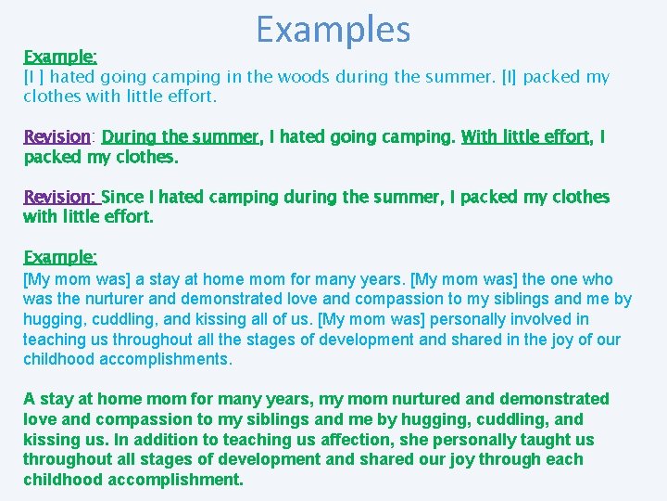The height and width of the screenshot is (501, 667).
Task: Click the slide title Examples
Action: (333, 30)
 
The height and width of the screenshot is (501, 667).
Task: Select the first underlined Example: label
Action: (60, 56)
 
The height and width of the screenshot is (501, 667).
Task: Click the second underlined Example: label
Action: (60, 256)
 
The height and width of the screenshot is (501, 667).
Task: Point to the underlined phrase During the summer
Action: (181, 137)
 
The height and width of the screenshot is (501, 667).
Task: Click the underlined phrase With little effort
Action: (525, 137)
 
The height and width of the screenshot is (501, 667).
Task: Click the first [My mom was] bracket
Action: (78, 279)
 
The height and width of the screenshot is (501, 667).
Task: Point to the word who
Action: (597, 279)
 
